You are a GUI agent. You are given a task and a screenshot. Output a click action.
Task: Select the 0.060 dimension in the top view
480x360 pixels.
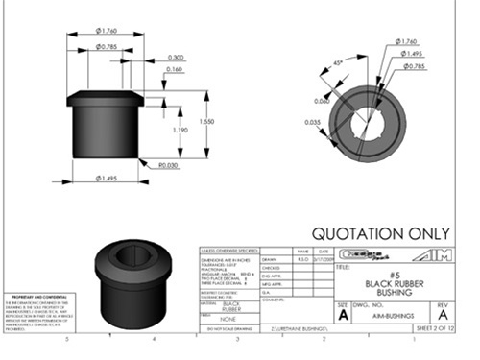click(x=320, y=100)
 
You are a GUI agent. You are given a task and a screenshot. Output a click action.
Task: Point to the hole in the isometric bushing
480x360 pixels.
click(x=134, y=254)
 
